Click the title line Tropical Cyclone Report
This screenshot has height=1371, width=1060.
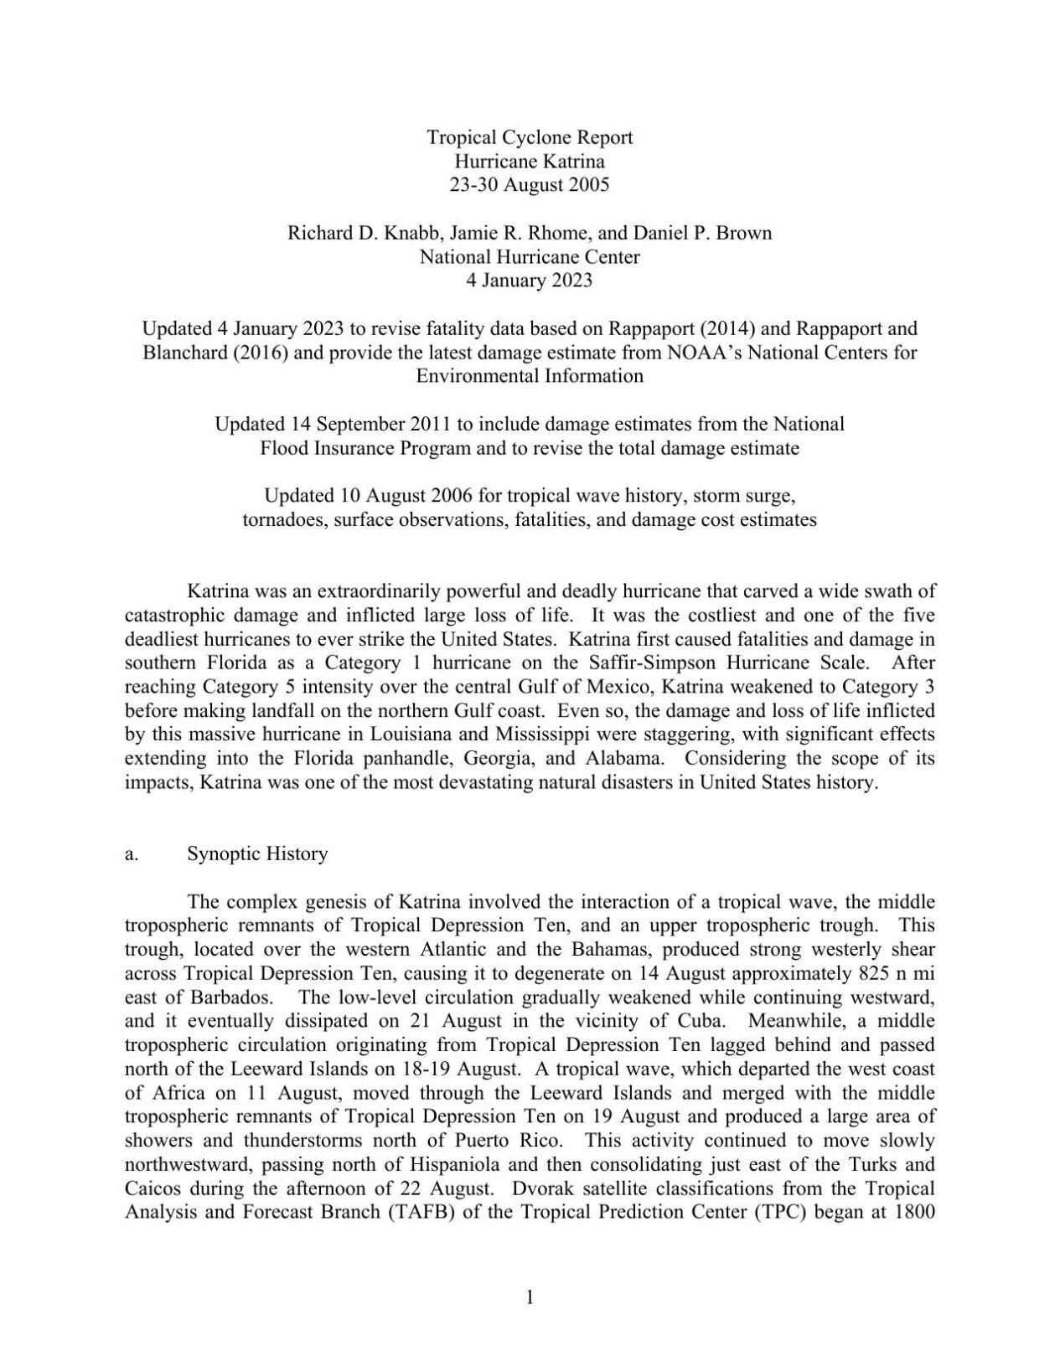[530, 137]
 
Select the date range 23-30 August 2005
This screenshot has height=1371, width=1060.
[530, 185]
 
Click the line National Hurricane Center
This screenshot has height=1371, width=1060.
[530, 257]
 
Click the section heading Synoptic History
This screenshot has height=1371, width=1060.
[257, 854]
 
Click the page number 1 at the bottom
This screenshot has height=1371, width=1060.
[530, 1298]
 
